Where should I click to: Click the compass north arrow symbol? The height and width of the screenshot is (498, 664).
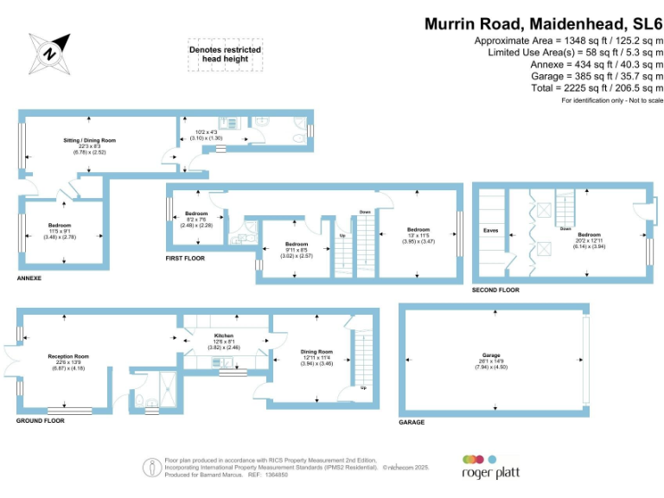click(50, 54)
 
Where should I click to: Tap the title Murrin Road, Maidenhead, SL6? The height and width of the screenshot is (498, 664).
click(543, 24)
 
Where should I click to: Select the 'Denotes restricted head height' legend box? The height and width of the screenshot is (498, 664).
click(225, 54)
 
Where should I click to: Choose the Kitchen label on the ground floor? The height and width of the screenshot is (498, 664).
click(224, 338)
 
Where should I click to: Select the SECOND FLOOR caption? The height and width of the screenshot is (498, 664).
click(495, 290)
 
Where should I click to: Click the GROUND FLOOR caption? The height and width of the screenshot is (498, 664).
click(40, 421)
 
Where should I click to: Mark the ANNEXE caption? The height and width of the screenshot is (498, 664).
click(29, 278)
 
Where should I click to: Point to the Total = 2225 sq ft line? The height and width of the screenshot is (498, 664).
click(584, 88)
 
